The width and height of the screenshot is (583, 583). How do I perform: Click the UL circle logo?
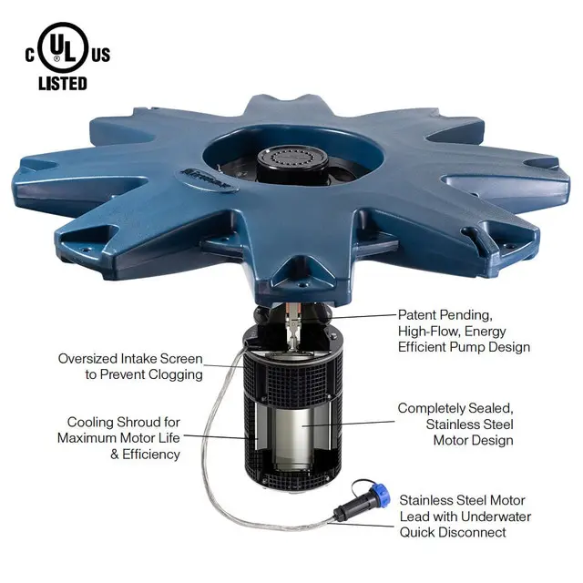(63, 46)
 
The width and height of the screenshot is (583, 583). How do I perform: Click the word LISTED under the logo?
(63, 84)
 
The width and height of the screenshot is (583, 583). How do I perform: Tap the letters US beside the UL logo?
(101, 56)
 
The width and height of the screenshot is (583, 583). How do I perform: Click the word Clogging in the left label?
(176, 374)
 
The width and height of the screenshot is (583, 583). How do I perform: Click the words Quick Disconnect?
(453, 532)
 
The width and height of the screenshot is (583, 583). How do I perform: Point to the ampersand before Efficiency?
(115, 455)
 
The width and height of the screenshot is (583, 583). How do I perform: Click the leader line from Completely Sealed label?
(348, 424)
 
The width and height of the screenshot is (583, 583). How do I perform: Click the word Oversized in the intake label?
(87, 359)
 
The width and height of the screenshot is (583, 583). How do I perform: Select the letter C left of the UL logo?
(30, 56)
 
